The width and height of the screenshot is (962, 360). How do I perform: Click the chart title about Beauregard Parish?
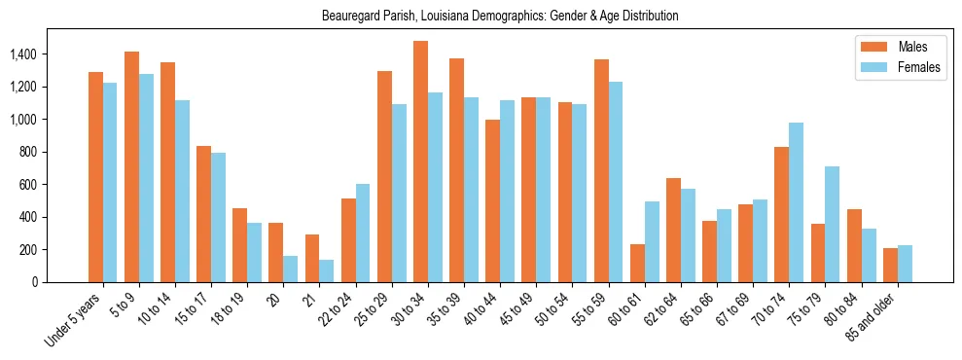pyautogui.click(x=500, y=16)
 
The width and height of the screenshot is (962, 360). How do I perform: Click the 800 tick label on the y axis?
pyautogui.click(x=29, y=152)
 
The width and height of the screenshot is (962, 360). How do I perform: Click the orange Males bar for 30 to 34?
pyautogui.click(x=420, y=162)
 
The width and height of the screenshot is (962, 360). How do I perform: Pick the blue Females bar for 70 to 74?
pyautogui.click(x=797, y=202)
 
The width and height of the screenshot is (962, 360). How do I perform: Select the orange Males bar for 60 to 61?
pyautogui.click(x=637, y=263)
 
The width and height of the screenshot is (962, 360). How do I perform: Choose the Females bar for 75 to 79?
pyautogui.click(x=833, y=224)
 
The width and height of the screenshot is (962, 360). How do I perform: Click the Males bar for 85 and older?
pyautogui.click(x=890, y=265)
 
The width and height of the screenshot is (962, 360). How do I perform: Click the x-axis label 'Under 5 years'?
pyautogui.click(x=76, y=320)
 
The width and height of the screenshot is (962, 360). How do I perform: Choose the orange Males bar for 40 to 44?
pyautogui.click(x=493, y=200)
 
